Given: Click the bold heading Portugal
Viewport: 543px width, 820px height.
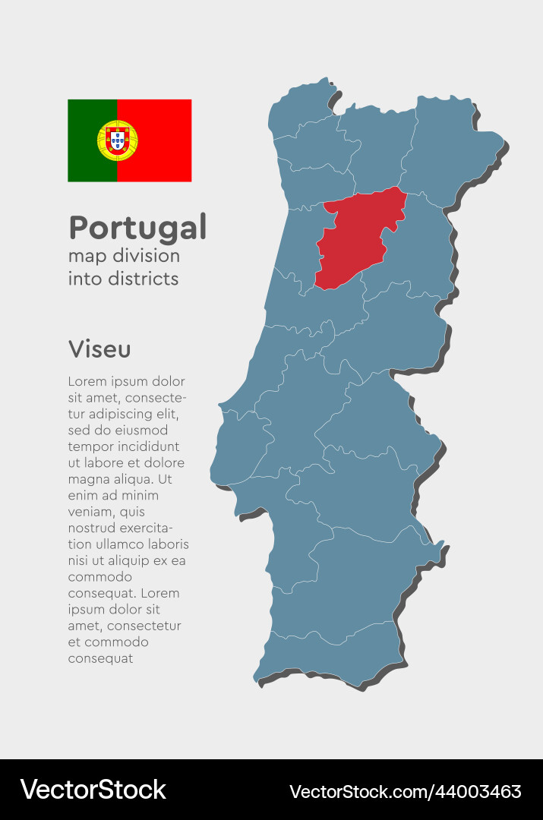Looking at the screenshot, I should pos(137,227).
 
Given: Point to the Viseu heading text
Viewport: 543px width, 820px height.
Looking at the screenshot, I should pos(99,349).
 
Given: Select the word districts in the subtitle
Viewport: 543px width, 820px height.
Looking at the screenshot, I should pos(141,279).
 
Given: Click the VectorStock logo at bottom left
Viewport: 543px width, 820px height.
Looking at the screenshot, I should pos(93,790).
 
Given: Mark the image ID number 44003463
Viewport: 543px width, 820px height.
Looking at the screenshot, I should pos(478,791).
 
